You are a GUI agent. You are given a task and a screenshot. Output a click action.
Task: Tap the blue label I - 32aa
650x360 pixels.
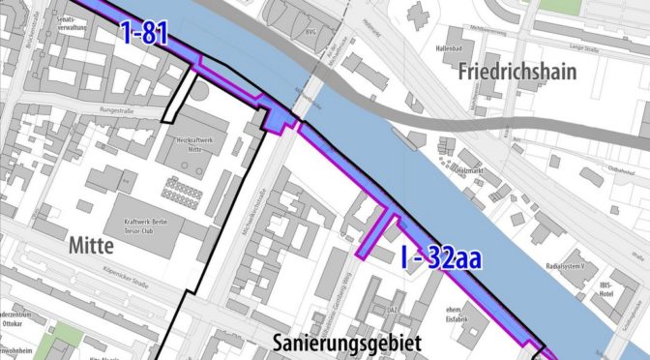click(x=440, y=258)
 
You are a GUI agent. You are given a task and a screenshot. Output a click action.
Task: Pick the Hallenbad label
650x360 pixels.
click(x=452, y=45)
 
